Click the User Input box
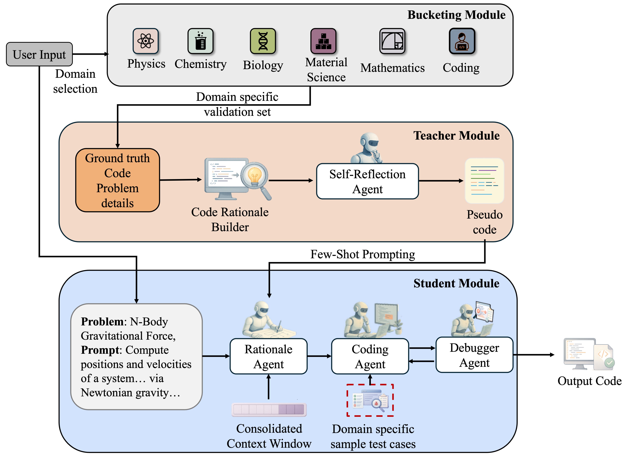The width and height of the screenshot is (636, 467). (39, 54)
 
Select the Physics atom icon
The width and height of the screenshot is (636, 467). (146, 41)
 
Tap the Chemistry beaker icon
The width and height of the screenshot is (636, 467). (200, 41)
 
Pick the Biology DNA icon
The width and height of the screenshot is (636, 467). (263, 41)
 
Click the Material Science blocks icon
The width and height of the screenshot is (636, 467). (323, 41)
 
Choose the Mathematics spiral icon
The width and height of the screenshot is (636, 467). (392, 41)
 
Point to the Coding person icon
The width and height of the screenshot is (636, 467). (462, 41)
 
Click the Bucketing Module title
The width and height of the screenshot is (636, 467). (456, 15)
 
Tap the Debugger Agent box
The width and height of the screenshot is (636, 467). (474, 355)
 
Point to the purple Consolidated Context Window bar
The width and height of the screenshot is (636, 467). (269, 409)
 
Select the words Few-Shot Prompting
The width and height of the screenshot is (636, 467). (363, 254)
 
